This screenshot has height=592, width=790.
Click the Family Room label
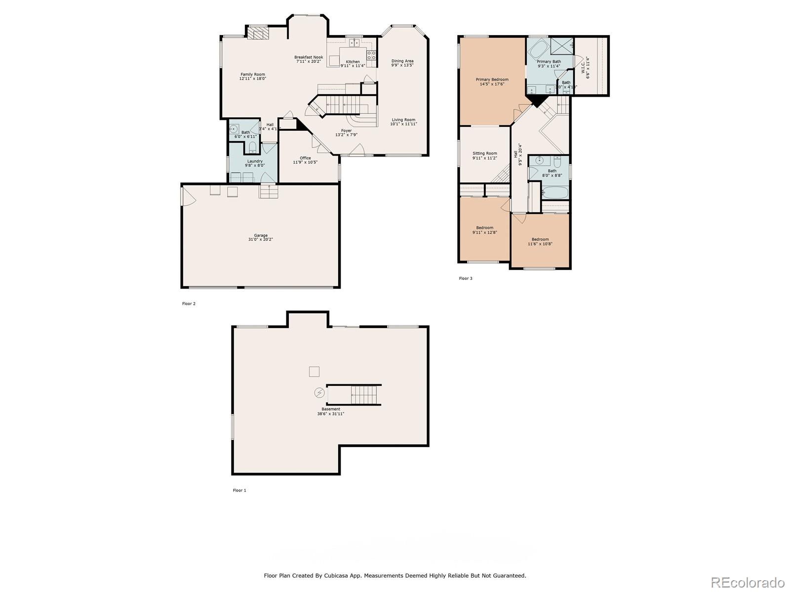click(253, 74)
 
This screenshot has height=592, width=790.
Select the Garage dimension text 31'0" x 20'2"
click(260, 240)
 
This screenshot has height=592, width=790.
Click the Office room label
click(305, 158)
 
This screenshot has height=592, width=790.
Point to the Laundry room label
click(255, 161)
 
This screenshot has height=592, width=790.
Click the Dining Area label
click(402, 61)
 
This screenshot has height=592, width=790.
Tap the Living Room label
click(403, 120)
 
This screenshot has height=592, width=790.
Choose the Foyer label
click(347, 131)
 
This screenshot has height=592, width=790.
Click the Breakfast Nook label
click(309, 57)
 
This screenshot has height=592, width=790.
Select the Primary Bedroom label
click(492, 79)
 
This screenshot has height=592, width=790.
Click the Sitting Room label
click(484, 153)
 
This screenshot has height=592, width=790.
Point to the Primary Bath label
click(549, 62)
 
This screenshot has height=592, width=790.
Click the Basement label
click(330, 409)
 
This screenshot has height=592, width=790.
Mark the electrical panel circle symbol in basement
click(319, 393)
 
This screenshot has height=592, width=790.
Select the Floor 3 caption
click(466, 279)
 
